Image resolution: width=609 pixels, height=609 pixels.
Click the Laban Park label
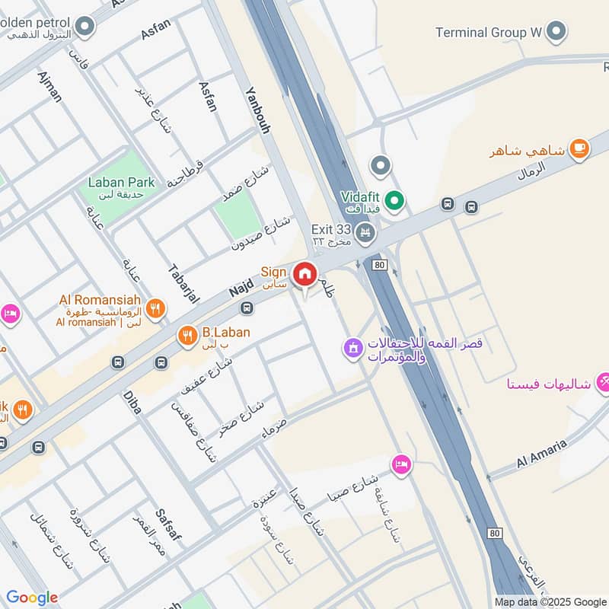(121, 182)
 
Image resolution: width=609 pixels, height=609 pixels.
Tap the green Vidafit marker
(394, 201)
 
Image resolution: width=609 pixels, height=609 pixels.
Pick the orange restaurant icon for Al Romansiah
(155, 308)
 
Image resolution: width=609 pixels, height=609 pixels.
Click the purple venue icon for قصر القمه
(352, 349)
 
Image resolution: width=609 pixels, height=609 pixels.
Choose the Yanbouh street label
(257, 110)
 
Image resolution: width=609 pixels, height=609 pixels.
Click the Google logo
(32, 598)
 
